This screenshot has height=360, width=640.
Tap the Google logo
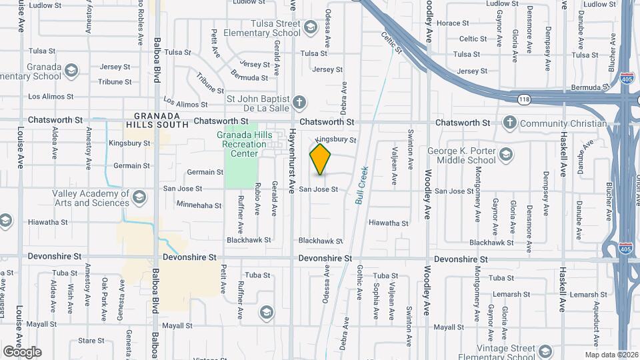click(22, 351)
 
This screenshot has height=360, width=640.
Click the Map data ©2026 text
click(611, 355)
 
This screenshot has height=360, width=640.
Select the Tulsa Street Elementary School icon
click(310, 27)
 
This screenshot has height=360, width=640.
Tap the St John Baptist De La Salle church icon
click(300, 103)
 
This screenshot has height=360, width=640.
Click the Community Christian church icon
click(510, 123)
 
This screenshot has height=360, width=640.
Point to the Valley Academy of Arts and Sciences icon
click(139, 197)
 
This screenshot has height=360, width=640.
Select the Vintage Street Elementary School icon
click(545, 351)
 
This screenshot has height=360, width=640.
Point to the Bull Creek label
click(362, 184)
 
